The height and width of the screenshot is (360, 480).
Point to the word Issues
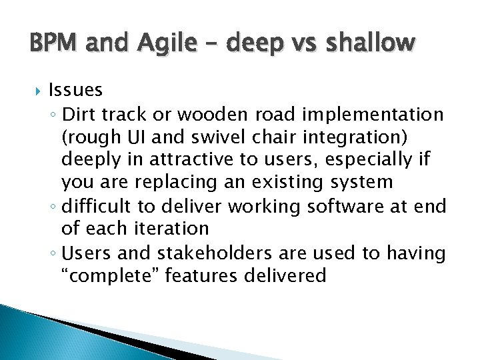coord(75,90)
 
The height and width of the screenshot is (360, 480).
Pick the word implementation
coord(373,115)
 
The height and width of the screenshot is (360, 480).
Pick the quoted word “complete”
coord(109,275)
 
